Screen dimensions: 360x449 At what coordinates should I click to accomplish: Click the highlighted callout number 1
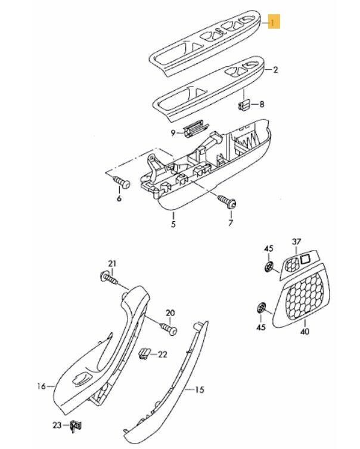point(274,21)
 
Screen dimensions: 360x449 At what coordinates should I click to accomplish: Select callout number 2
point(275,70)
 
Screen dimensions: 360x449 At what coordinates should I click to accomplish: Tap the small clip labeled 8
point(244,104)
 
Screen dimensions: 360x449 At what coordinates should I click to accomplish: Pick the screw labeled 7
point(227,201)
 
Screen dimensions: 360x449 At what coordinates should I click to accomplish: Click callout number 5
point(173,224)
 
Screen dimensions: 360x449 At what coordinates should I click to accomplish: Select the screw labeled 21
point(109,278)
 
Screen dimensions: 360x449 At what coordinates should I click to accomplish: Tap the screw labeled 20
point(169,329)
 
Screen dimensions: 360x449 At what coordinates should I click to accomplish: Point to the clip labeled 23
point(76,426)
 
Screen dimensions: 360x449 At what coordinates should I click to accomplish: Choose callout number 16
point(42,386)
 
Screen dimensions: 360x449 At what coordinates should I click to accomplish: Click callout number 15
point(200,389)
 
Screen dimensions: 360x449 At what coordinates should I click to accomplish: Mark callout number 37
point(296,241)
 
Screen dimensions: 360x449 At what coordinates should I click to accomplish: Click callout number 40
point(305,332)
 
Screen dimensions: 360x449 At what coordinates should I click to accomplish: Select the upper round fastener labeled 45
point(269,267)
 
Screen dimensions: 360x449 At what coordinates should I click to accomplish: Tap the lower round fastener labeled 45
point(260,308)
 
